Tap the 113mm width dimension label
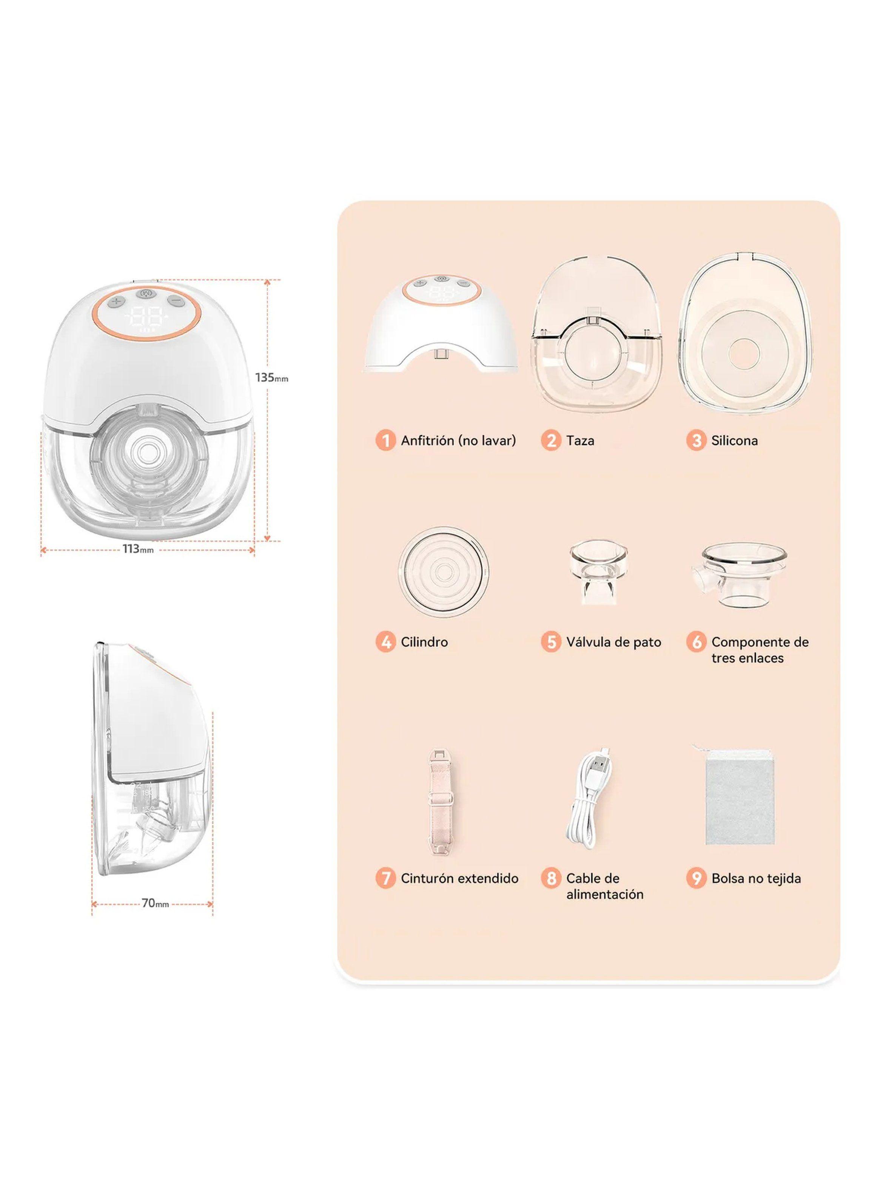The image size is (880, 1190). [137, 549]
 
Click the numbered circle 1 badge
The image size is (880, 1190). [385, 441]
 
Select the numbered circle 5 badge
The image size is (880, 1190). [551, 642]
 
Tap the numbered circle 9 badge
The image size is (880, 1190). [696, 879]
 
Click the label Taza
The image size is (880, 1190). [580, 441]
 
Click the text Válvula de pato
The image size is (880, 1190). [613, 642]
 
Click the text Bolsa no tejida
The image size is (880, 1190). [756, 879]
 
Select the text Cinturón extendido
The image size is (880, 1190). [459, 879]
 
